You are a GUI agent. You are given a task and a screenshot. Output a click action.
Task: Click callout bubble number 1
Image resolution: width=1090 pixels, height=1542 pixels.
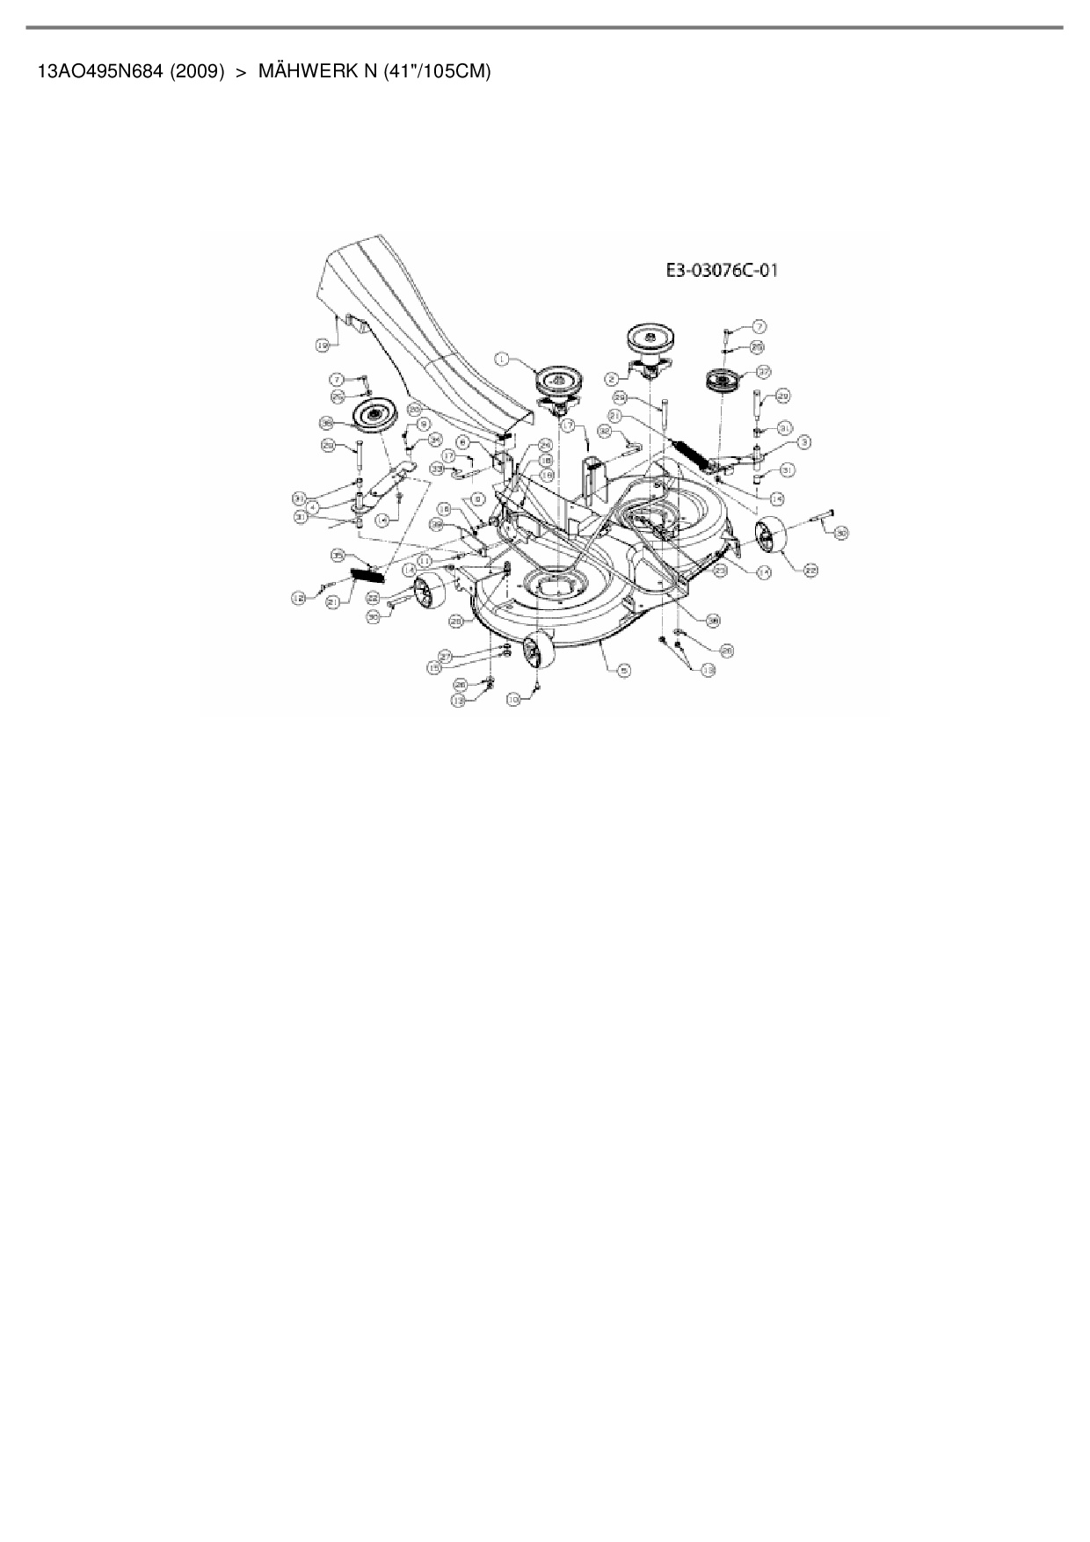point(502,358)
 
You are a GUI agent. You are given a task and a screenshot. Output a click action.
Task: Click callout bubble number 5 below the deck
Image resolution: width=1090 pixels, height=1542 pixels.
point(623,670)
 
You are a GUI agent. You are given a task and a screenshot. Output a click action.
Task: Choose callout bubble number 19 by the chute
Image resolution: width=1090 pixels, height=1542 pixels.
point(323,346)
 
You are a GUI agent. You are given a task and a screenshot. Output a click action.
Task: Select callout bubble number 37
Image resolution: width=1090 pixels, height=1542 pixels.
point(764,371)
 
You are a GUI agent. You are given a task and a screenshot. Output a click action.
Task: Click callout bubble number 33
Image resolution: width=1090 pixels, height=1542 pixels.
point(437,470)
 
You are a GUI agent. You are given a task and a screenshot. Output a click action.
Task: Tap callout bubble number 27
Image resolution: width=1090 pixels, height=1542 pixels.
point(446,656)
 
